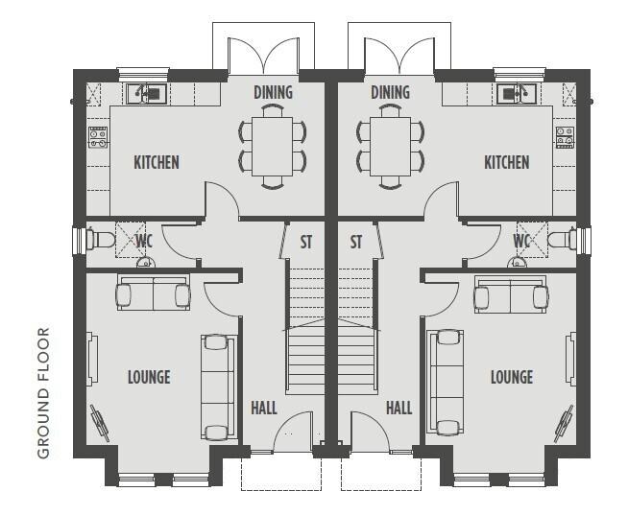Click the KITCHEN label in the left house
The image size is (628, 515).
pyautogui.click(x=157, y=162)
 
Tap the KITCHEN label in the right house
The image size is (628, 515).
pyautogui.click(x=507, y=162)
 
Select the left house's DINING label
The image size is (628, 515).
pyautogui.click(x=273, y=92)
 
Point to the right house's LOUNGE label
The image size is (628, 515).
pyautogui.click(x=512, y=377)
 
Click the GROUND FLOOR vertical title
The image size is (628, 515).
pyautogui.click(x=43, y=392)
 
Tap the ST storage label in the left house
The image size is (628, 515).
pyautogui.click(x=306, y=242)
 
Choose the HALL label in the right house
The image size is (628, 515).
pyautogui.click(x=399, y=409)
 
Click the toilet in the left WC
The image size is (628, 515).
pyautogui.click(x=101, y=240)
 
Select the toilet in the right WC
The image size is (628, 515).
pyautogui.click(x=563, y=240)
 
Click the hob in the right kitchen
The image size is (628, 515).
pyautogui.click(x=565, y=138)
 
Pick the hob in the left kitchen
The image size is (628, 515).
pyautogui.click(x=98, y=138)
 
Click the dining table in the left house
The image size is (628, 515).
pyautogui.click(x=273, y=147)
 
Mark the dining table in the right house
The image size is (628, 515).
pyautogui.click(x=391, y=147)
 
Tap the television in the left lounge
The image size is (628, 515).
pyautogui.click(x=100, y=423)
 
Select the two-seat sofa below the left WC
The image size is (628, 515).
pyautogui.click(x=154, y=293)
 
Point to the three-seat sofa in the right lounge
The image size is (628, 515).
pyautogui.click(x=446, y=382)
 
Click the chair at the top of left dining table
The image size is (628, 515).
pyautogui.click(x=273, y=110)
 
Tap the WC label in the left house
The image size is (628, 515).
pyautogui.click(x=144, y=242)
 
